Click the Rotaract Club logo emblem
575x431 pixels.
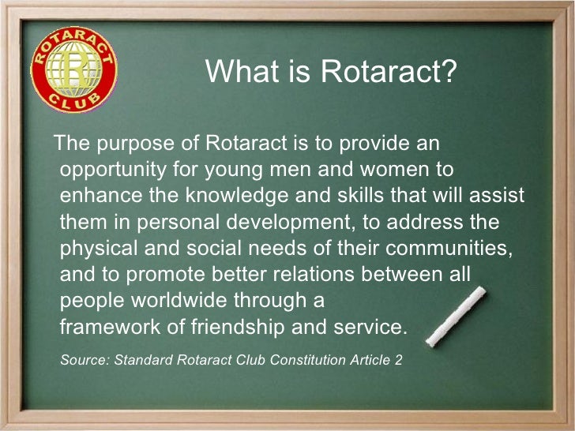pyautogui.click(x=73, y=73)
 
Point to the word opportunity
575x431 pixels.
pyautogui.click(x=110, y=170)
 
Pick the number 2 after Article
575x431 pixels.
pyautogui.click(x=398, y=360)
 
